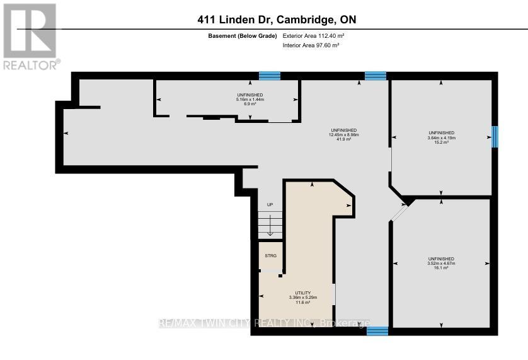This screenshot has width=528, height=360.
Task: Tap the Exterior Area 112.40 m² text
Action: pos(314,36)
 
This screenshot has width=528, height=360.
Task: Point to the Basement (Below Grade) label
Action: pos(243,36)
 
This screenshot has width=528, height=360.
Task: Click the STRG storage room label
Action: pos(271,256)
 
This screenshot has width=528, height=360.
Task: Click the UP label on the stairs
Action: pos(270,205)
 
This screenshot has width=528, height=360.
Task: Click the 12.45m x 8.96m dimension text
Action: pos(344,134)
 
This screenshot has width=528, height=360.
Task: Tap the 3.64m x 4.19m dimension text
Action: pos(441,137)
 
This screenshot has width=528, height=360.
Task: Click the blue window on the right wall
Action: pos(495,136)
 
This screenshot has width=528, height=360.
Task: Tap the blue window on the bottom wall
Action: pos(377,331)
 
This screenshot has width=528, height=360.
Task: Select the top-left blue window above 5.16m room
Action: pos(270,76)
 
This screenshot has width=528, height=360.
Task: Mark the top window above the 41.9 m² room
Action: pos(375,76)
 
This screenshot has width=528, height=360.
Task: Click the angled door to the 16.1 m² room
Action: pos(398,212)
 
